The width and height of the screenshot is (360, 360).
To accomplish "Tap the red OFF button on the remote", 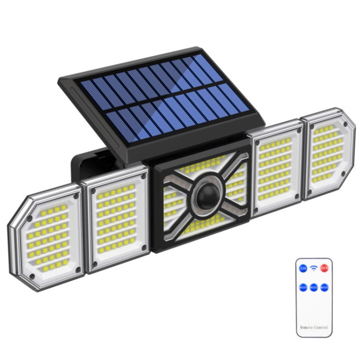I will coord(324,268).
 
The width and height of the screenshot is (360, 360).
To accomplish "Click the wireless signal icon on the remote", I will coord(313,267).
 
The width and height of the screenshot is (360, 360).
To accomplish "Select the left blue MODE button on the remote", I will coord(303,287).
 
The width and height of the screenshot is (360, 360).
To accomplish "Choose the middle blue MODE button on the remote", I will coord(313,287).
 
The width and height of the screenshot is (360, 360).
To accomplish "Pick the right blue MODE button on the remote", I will coord(324,287).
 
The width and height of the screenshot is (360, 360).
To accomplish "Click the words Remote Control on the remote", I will coord(313,327).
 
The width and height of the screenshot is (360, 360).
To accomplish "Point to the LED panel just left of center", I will coord(115,219).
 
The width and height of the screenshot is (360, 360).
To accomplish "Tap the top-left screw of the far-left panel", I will coord(30,217).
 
